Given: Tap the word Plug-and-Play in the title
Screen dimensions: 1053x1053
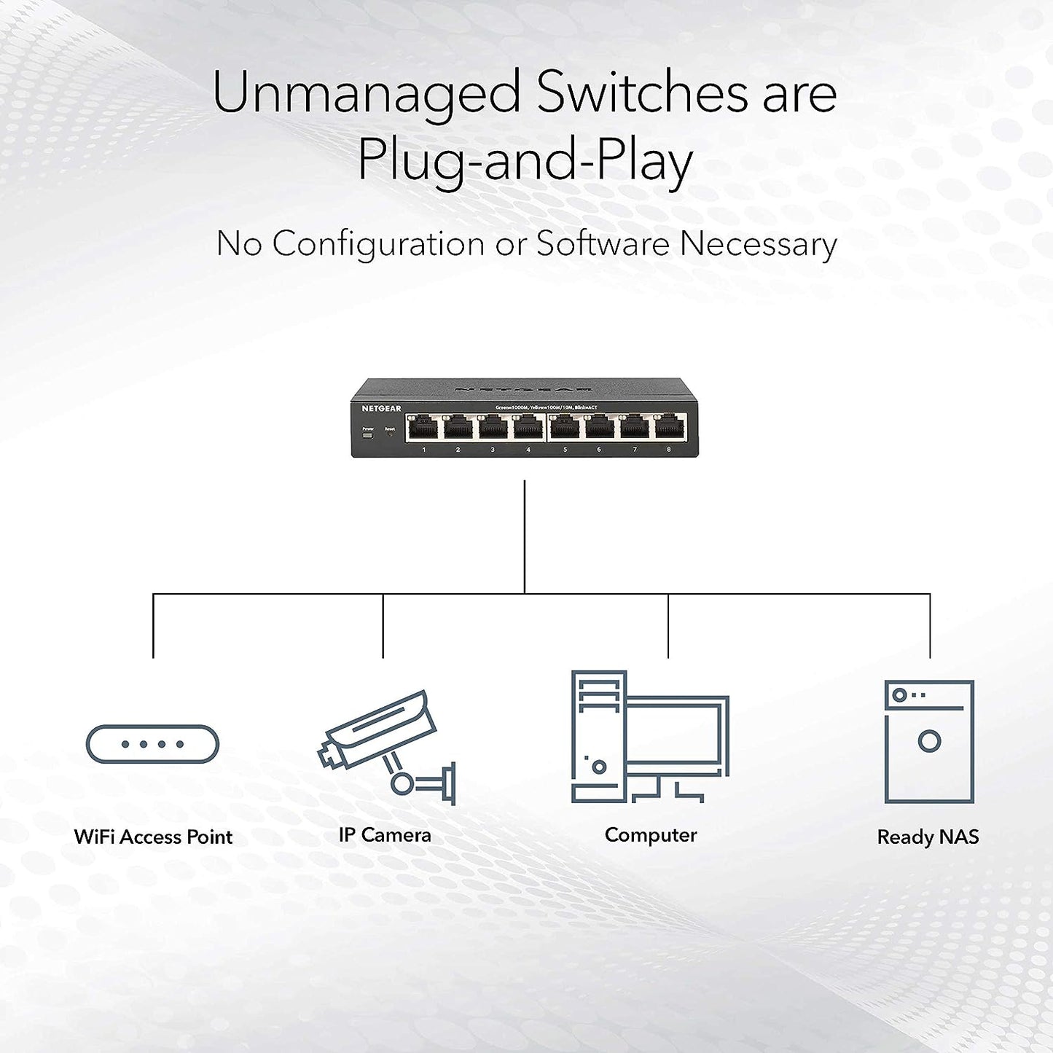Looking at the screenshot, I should pos(525,160).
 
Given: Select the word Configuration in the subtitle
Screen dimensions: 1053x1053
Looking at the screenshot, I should pos(378,244).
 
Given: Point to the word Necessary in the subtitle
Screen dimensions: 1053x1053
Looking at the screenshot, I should pos(758,244).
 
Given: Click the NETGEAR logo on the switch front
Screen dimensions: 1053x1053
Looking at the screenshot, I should pos(381,409).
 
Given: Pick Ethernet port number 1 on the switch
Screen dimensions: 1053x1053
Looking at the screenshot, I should pos(423,428).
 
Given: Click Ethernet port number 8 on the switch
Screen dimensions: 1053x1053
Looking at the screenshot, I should pos(669,428).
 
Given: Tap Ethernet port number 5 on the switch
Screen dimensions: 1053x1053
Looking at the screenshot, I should pos(564,428).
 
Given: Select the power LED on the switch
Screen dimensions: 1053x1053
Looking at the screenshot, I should pos(367,436).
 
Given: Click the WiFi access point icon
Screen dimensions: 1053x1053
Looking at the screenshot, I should pos(152,744).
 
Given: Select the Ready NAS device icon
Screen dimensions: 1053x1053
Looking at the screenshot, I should pos(929,741).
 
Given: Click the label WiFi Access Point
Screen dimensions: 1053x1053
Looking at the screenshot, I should pos(153,837).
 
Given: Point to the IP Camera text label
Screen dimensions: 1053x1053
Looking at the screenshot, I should pos(385,835).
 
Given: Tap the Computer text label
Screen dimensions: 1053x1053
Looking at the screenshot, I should pos(651,835).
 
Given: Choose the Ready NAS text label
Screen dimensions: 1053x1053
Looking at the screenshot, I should pos(928,837).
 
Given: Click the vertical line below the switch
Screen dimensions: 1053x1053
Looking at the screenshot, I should pos(525,536).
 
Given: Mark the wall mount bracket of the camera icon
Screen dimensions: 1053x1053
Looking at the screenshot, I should pos(452,783).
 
